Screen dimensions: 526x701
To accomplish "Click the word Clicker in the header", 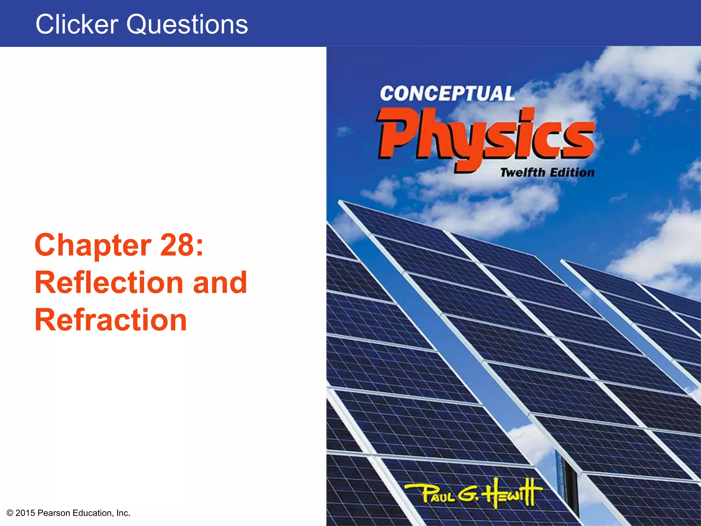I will click(x=77, y=25).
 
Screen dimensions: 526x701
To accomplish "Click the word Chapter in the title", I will click(x=93, y=245).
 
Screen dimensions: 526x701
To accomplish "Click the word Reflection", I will click(x=109, y=283).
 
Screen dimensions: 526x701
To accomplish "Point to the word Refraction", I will click(x=111, y=320).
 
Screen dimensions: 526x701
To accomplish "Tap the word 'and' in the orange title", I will click(x=220, y=283).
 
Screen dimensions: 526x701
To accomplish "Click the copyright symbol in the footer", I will click(x=10, y=513).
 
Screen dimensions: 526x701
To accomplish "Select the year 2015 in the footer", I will click(x=25, y=513).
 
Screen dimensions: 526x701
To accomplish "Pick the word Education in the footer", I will click(x=93, y=513).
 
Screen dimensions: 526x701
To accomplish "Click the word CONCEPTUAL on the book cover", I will click(x=447, y=93).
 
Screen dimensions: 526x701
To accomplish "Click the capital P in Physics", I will click(x=397, y=134).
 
